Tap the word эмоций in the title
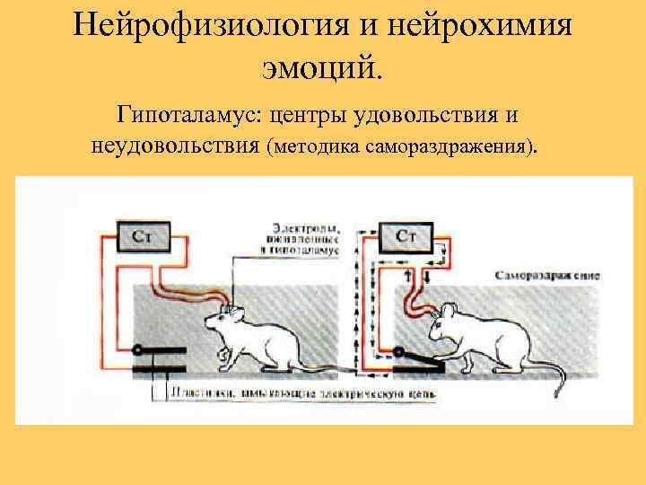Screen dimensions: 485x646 click(322, 66)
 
